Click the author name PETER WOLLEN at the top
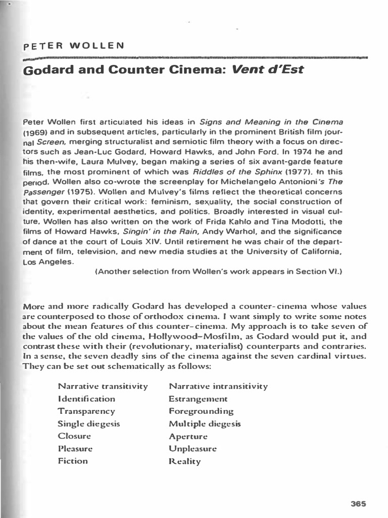pyautogui.click(x=74, y=46)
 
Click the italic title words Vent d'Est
pyautogui.click(x=268, y=69)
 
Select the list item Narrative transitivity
pyautogui.click(x=103, y=386)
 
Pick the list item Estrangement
pyautogui.click(x=198, y=399)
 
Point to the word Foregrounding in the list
pyautogui.click(x=201, y=411)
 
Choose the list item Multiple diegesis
pyautogui.click(x=205, y=424)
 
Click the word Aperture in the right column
pyautogui.click(x=188, y=436)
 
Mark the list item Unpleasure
pyautogui.click(x=192, y=448)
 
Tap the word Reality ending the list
pyautogui.click(x=184, y=461)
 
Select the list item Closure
pyautogui.click(x=74, y=436)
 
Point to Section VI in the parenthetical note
pyautogui.click(x=321, y=272)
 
